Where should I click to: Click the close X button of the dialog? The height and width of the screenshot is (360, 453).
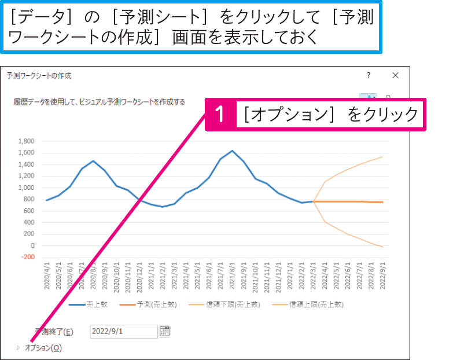click(x=395, y=76)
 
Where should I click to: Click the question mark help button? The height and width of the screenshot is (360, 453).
click(x=368, y=76)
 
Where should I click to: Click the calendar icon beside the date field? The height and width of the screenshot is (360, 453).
click(x=165, y=331)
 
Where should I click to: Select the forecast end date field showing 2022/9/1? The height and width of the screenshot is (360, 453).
click(x=123, y=331)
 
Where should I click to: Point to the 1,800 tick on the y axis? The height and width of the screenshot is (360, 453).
click(x=27, y=141)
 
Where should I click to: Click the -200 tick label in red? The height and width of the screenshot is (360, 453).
click(x=27, y=257)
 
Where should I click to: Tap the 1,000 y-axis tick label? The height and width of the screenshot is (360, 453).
click(x=27, y=188)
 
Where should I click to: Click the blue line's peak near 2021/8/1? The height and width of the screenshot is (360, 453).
click(x=232, y=150)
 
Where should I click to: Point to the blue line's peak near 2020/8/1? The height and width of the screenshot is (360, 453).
click(x=93, y=161)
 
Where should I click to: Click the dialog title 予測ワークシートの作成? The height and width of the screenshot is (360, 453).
click(x=39, y=76)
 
